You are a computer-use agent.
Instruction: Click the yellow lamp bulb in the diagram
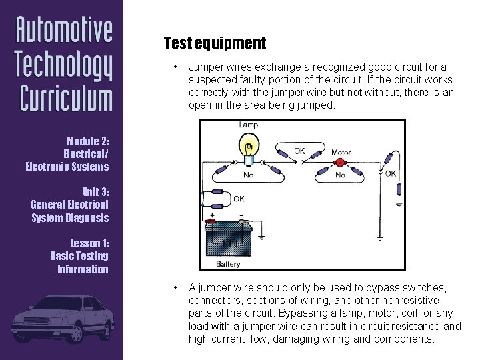(x=249, y=147)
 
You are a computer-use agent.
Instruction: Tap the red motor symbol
(x=340, y=162)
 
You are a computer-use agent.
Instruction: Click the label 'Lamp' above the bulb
(x=249, y=125)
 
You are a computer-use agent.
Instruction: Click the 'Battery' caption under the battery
(x=228, y=264)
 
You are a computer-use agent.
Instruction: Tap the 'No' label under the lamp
(x=248, y=175)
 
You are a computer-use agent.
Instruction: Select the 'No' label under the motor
(x=340, y=175)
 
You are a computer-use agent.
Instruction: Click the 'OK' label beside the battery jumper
(x=238, y=199)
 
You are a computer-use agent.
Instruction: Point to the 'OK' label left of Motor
(x=299, y=151)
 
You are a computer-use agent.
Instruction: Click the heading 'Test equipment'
(x=215, y=44)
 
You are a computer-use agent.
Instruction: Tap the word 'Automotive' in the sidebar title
(x=64, y=30)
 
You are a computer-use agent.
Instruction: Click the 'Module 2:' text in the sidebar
(x=88, y=141)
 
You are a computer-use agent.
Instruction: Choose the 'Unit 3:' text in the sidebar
(x=95, y=191)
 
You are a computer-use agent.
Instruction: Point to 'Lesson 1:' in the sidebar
(x=89, y=243)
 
